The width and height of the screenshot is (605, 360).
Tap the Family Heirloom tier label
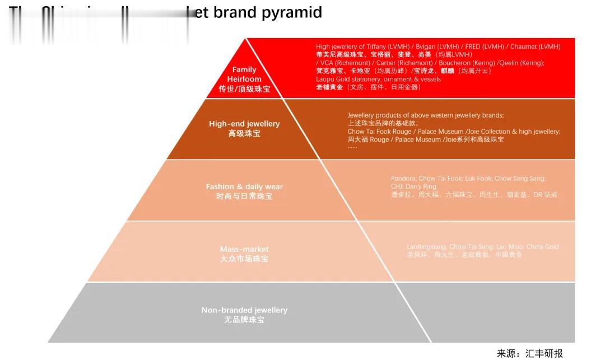pos(244,74)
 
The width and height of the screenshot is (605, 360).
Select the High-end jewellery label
pos(244,124)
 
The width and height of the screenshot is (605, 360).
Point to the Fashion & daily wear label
pos(244,186)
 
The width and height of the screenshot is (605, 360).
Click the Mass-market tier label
pos(244,249)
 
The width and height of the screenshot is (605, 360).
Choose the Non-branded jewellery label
pos(244,310)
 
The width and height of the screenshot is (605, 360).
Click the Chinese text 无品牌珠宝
pos(244,320)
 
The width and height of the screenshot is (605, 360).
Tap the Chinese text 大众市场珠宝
pos(244,259)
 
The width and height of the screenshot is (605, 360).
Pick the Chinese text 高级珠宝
pos(244,134)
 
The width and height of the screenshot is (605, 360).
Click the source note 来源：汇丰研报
pos(529,353)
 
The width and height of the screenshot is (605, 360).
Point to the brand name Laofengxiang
pos(426,247)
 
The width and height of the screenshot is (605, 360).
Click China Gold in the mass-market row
pos(542,247)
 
